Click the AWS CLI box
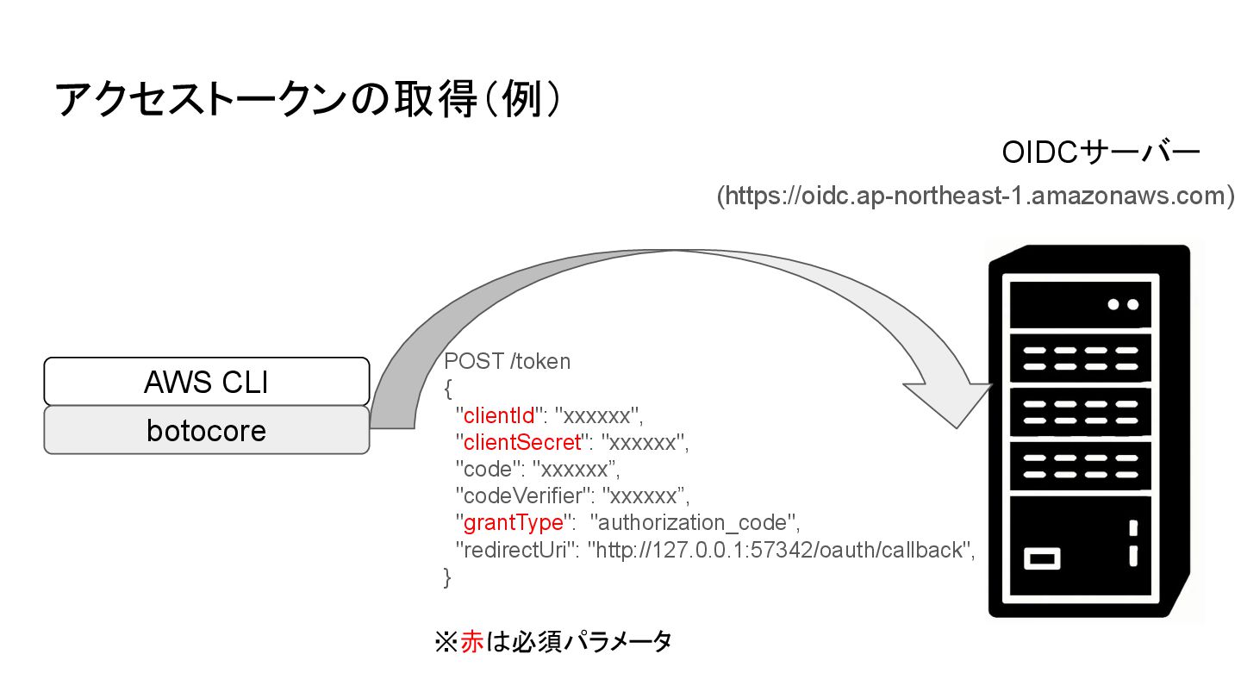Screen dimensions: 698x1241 click(x=207, y=382)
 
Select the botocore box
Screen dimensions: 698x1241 click(x=207, y=430)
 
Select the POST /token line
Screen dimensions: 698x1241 click(x=507, y=361)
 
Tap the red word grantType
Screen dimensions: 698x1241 click(x=514, y=522)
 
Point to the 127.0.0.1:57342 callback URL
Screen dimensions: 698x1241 click(x=779, y=549)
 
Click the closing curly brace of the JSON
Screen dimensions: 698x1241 click(x=447, y=576)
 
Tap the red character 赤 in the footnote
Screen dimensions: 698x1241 click(x=471, y=642)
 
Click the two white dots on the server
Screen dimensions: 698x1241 click(x=1123, y=304)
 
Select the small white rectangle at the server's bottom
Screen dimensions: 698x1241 click(x=1042, y=558)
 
